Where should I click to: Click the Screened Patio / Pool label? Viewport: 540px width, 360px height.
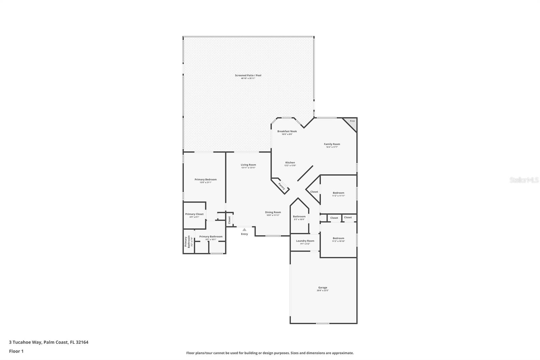(x=248, y=75)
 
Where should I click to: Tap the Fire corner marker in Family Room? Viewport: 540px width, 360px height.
(x=352, y=121)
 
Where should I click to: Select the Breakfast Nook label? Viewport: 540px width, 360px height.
(x=287, y=131)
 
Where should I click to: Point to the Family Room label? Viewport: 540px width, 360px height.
(x=332, y=144)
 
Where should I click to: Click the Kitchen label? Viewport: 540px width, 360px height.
(x=290, y=163)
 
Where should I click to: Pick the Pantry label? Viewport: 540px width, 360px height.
(x=281, y=186)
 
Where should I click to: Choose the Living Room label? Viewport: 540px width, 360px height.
(x=248, y=165)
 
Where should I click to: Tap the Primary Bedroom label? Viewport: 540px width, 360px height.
(x=206, y=180)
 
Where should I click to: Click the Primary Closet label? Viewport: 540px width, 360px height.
(x=194, y=214)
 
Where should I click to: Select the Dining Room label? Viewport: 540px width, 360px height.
(x=273, y=212)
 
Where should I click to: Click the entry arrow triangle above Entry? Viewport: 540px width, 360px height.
(x=244, y=230)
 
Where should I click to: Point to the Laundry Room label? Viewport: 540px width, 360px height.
(x=305, y=241)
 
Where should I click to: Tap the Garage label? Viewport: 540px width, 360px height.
(x=322, y=288)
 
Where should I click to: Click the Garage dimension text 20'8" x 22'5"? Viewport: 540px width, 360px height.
(x=322, y=291)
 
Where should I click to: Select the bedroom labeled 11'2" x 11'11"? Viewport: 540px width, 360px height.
(x=338, y=193)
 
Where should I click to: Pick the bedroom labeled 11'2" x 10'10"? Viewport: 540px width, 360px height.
(x=338, y=238)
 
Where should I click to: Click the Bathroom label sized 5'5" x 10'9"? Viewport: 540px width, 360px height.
(x=299, y=216)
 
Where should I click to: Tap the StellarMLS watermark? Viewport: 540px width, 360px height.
(x=524, y=180)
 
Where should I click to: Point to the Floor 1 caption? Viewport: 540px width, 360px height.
(x=16, y=351)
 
